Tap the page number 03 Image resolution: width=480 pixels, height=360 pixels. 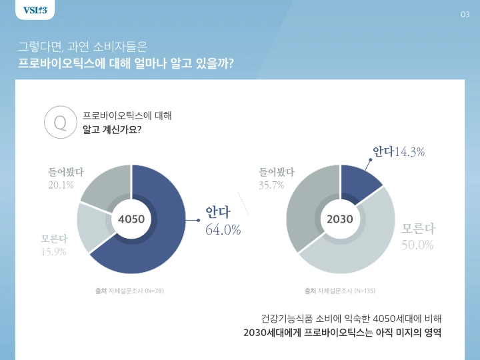(x=465, y=15)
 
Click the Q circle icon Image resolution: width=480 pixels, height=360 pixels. (x=59, y=123)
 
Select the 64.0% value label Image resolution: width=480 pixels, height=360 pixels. (x=223, y=230)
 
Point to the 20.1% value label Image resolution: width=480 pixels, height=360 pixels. (x=61, y=185)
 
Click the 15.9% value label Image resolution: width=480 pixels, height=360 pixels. (x=53, y=251)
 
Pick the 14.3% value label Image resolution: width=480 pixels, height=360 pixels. (x=410, y=153)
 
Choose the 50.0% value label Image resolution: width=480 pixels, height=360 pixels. (x=417, y=245)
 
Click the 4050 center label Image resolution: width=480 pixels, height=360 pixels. (x=131, y=219)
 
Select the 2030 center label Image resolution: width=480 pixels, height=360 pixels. (x=340, y=219)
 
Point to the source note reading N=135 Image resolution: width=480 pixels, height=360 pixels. (x=339, y=291)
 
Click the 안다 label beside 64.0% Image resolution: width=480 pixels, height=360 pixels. (x=218, y=213)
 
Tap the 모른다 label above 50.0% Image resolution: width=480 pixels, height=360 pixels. (x=419, y=229)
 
